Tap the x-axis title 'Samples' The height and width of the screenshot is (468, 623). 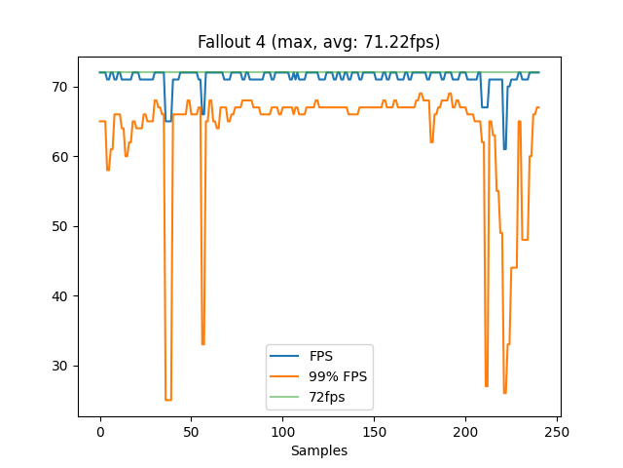(318, 450)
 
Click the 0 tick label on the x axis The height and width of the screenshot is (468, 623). (100, 431)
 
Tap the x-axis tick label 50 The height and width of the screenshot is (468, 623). (192, 431)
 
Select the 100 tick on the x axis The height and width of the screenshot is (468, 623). (283, 431)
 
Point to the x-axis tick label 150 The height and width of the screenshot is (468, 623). (374, 431)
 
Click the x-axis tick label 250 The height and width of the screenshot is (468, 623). (557, 431)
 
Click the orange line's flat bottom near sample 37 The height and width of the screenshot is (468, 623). (167, 400)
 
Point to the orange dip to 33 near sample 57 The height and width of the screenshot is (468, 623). (203, 344)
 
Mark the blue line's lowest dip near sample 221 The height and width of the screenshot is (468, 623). (504, 149)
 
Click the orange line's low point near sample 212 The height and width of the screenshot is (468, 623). (487, 386)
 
